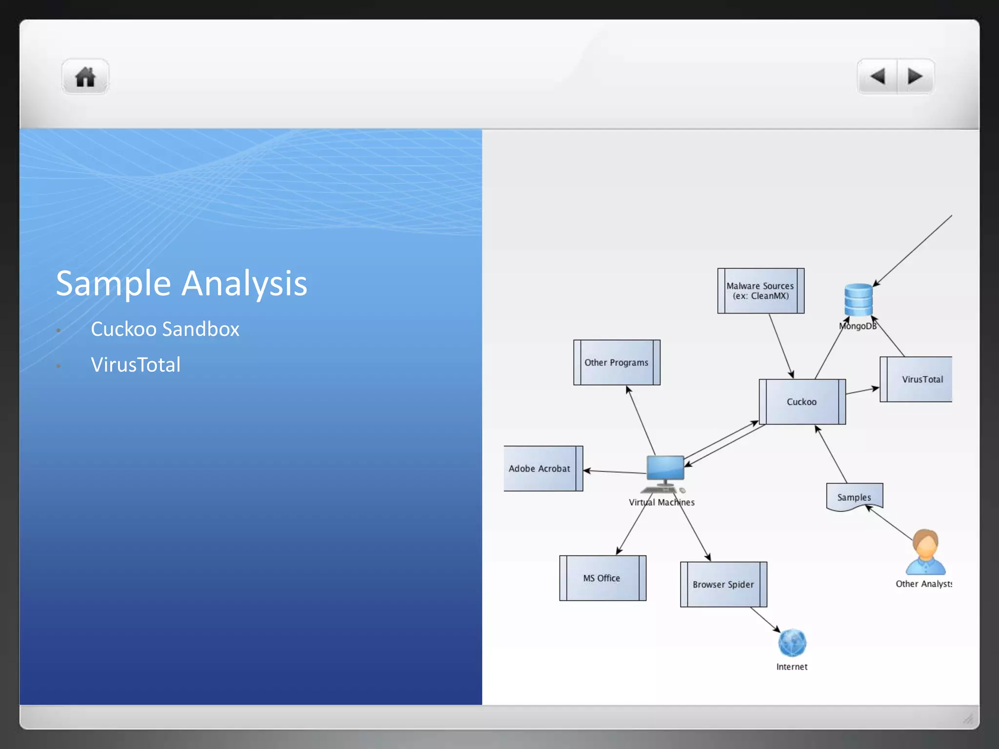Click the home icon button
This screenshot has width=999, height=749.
click(x=85, y=77)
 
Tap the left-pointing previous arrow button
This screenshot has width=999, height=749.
click(x=878, y=77)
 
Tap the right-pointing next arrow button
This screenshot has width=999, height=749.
click(x=915, y=77)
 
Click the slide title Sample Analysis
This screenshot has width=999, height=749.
click(x=181, y=283)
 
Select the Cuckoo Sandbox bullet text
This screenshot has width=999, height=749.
click(x=165, y=329)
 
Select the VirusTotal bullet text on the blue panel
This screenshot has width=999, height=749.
click(x=136, y=365)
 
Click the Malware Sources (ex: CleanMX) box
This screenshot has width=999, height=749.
click(x=760, y=291)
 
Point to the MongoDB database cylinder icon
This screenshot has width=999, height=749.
click(x=858, y=300)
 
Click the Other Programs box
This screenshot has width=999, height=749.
click(x=617, y=362)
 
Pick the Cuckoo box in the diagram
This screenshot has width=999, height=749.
click(x=802, y=402)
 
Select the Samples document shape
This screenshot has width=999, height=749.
click(x=854, y=496)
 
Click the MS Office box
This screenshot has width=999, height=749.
click(x=602, y=578)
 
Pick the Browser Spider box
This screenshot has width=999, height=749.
click(x=723, y=584)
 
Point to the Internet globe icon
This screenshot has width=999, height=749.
click(x=792, y=643)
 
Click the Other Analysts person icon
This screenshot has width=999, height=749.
click(x=925, y=552)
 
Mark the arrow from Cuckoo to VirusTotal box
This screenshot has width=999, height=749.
click(x=862, y=391)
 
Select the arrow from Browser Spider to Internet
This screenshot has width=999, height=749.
click(x=765, y=620)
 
